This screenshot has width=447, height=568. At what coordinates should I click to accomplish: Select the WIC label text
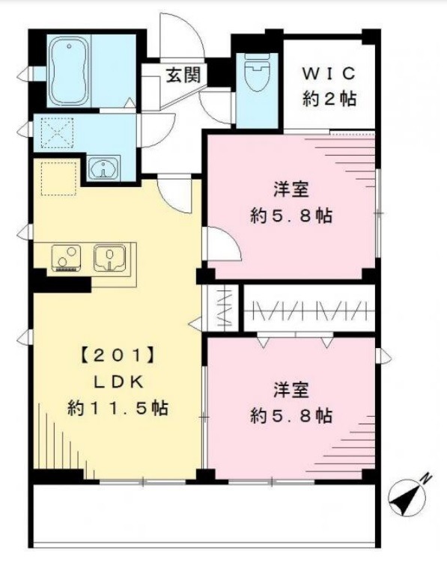pyautogui.click(x=328, y=73)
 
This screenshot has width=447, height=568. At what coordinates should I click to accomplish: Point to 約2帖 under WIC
pyautogui.click(x=329, y=98)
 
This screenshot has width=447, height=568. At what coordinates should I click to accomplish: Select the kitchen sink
pyautogui.click(x=109, y=259)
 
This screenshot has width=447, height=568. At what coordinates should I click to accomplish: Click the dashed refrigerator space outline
pyautogui.click(x=58, y=180)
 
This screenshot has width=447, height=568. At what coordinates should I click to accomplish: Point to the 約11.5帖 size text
pyautogui.click(x=118, y=409)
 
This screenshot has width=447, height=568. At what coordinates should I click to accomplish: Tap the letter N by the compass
pyautogui.click(x=425, y=477)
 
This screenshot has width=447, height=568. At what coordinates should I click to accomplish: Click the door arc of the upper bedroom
pyautogui.click(x=224, y=244)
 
